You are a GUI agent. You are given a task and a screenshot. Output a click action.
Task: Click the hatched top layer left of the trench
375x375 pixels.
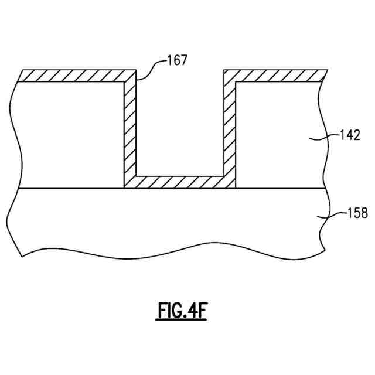click(76, 76)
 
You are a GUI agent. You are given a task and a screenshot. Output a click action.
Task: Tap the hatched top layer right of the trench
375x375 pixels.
click(275, 76)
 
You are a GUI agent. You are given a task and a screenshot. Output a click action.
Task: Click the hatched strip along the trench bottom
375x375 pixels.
click(180, 182)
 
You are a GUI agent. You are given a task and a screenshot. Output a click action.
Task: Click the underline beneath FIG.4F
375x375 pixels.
click(182, 320)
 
